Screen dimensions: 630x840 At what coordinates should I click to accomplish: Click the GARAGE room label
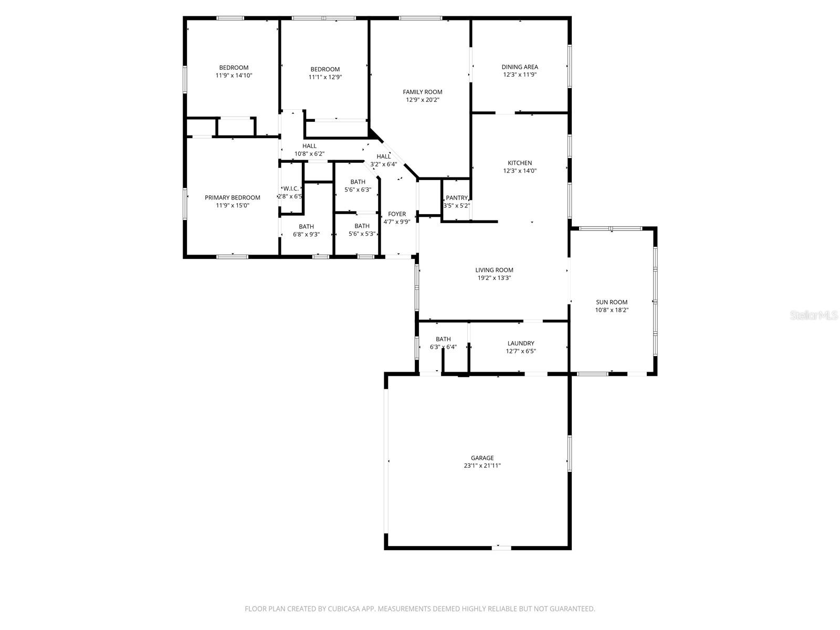pyautogui.click(x=481, y=458)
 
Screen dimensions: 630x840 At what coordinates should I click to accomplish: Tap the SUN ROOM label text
pyautogui.click(x=612, y=302)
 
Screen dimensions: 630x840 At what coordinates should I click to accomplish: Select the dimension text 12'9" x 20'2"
pyautogui.click(x=422, y=100)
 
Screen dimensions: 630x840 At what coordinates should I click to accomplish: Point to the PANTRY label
pyautogui.click(x=456, y=198)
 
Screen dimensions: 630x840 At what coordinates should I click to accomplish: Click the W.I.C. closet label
pyautogui.click(x=291, y=188)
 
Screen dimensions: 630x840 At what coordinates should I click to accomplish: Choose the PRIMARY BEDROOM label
pyautogui.click(x=232, y=197)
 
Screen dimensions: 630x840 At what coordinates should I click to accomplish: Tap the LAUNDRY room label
pyautogui.click(x=521, y=343)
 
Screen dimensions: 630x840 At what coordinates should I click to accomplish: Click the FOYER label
pyautogui.click(x=396, y=214)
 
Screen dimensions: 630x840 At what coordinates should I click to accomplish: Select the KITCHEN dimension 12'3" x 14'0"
pyautogui.click(x=520, y=171)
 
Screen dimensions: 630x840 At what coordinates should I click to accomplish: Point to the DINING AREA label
pyautogui.click(x=520, y=67)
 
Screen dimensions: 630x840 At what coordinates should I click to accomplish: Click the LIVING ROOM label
pyautogui.click(x=494, y=270)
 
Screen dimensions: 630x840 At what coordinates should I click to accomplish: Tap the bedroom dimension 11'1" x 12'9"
pyautogui.click(x=325, y=77)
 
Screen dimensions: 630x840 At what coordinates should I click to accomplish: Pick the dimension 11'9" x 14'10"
pyautogui.click(x=234, y=76)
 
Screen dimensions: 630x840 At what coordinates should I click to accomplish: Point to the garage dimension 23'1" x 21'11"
pyautogui.click(x=481, y=466)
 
